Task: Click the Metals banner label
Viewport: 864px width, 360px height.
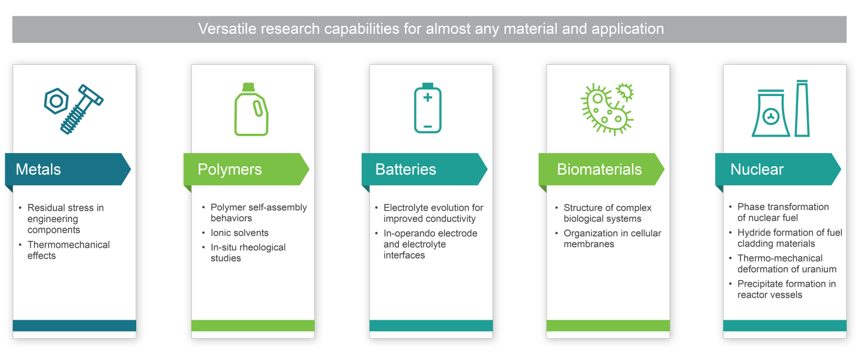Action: [x=38, y=169]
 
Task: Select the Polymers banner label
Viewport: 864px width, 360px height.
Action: [x=229, y=170]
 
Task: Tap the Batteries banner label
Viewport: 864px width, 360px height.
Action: [x=406, y=169]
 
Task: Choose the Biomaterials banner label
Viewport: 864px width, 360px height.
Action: [x=599, y=169]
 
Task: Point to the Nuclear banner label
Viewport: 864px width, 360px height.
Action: [x=757, y=169]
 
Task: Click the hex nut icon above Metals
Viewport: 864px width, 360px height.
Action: [x=56, y=101]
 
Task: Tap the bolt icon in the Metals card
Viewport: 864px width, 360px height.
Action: [x=82, y=109]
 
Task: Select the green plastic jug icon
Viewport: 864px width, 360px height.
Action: [x=251, y=109]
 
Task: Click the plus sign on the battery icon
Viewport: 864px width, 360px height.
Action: [x=427, y=97]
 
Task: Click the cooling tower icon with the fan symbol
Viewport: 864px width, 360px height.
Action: [x=770, y=113]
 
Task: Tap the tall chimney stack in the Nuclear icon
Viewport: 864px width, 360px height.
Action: [x=802, y=109]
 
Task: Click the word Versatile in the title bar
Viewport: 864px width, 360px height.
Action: [x=226, y=29]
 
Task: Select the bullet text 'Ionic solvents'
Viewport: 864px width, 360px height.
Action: [x=239, y=233]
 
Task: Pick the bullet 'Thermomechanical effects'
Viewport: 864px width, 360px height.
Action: [x=68, y=250]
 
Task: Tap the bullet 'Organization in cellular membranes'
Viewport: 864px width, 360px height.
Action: [x=612, y=238]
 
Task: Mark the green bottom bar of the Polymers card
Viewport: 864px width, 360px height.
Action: [x=253, y=325]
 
